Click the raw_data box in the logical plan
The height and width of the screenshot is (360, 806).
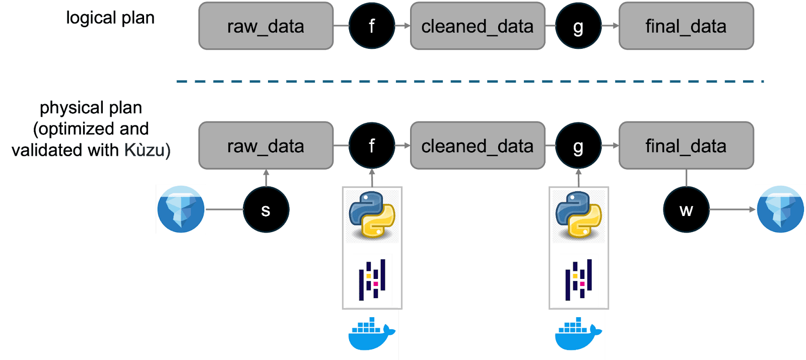(266, 26)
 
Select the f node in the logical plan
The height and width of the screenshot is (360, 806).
(372, 26)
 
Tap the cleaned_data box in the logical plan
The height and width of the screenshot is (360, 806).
(478, 26)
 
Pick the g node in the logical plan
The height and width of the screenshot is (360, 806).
(578, 26)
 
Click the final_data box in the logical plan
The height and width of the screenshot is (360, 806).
(686, 26)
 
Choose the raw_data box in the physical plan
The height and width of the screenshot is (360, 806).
(266, 146)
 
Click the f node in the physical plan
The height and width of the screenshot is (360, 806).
(372, 146)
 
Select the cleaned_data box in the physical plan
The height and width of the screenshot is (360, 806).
(478, 146)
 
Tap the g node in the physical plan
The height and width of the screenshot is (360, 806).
(578, 146)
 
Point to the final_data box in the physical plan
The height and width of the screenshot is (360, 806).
(686, 146)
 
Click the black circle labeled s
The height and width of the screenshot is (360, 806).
(266, 209)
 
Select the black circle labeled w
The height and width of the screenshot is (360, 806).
(686, 209)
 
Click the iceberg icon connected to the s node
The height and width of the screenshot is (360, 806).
(181, 209)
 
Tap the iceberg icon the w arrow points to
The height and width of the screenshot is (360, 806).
(780, 209)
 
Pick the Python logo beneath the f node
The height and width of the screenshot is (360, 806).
(372, 215)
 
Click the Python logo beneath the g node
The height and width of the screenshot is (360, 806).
(579, 215)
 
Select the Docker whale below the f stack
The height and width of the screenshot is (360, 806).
(372, 333)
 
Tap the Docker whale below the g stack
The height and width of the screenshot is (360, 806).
(578, 333)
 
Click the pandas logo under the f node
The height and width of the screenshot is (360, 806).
(372, 280)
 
